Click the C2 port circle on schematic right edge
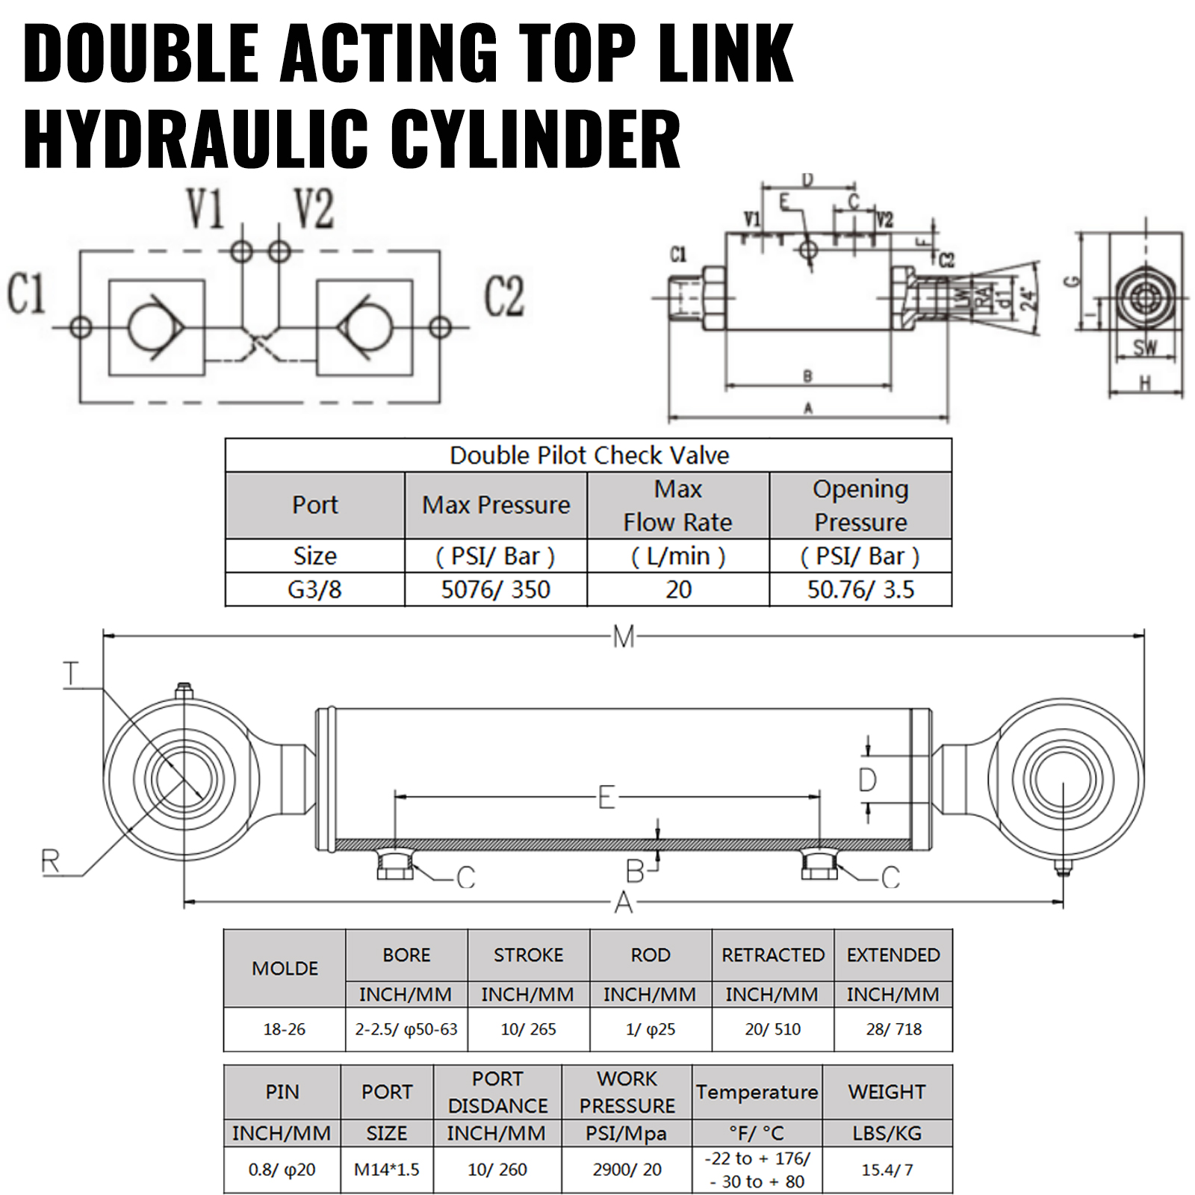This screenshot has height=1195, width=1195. [x=440, y=327]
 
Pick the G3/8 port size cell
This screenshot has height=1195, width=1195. [x=314, y=589]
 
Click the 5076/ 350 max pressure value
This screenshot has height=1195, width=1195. [x=496, y=589]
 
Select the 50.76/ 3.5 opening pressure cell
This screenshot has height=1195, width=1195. [x=860, y=589]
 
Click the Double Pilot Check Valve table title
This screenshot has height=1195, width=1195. [x=589, y=455]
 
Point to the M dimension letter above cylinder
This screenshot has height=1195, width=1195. [x=623, y=637]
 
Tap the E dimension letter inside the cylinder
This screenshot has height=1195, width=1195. [x=606, y=798]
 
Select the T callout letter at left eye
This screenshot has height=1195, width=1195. [x=71, y=674]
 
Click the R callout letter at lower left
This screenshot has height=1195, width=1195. [x=51, y=862]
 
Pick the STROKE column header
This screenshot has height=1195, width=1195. [x=528, y=955]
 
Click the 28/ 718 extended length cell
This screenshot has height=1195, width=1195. [x=893, y=1028]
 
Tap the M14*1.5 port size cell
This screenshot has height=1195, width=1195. [x=386, y=1170]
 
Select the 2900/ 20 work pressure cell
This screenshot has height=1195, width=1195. [x=627, y=1170]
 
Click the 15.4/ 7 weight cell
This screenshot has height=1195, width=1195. [x=887, y=1170]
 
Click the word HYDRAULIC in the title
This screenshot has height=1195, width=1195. [x=196, y=140]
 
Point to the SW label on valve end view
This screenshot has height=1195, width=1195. [x=1144, y=347]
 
